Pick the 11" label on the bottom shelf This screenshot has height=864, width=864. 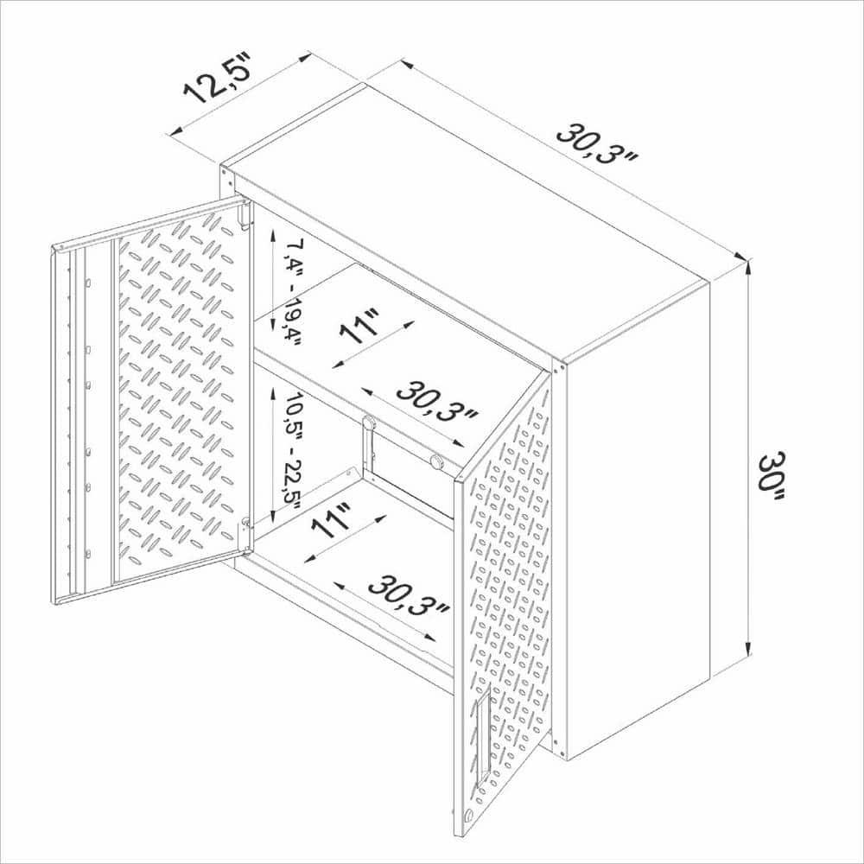pyautogui.click(x=332, y=521)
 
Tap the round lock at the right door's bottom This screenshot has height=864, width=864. pyautogui.click(x=467, y=816)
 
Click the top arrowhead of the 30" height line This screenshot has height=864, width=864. pyautogui.click(x=748, y=264)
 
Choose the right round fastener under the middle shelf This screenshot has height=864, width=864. pyautogui.click(x=437, y=461)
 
